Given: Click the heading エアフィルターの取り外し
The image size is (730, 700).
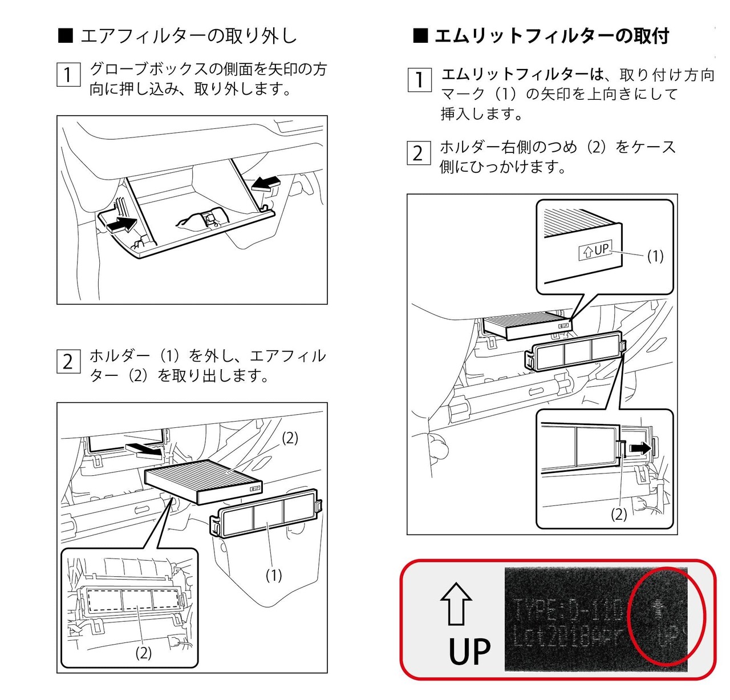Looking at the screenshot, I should coord(188,36).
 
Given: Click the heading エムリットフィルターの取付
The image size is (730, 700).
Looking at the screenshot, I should coord(551,36).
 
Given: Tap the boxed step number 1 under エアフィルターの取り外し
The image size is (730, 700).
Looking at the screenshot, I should coord(68,75).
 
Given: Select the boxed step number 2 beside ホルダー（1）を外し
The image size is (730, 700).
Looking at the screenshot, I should coord(68,362).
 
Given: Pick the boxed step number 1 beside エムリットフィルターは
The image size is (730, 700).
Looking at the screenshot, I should coord(419,80).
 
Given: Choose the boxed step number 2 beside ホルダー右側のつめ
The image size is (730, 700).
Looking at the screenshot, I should coord(418,153).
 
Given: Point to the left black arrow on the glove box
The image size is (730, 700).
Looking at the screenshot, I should coord(121,224).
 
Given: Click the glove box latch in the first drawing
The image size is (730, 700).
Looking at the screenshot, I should coord(209,217).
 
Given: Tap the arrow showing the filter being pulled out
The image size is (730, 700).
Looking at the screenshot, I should coord(144,448).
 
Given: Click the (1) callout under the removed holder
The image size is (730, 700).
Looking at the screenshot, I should coord(274,576).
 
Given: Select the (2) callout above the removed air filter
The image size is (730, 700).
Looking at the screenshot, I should coord(290,438).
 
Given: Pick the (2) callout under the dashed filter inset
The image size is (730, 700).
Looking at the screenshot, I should coord(143,653).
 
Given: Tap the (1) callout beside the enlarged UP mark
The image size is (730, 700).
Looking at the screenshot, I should coord(655,256).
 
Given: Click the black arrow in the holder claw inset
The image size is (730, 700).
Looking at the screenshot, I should coord(639,448).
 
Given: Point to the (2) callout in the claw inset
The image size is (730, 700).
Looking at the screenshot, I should coord(619,514).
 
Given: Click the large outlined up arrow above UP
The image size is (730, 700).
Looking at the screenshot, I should coord(456,604).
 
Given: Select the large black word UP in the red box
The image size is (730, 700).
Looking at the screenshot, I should coord(469,651).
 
